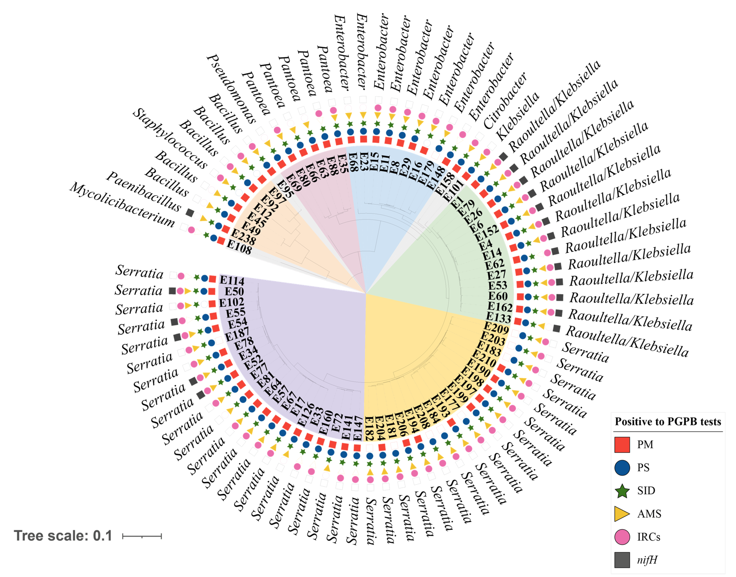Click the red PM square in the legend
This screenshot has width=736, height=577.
click(622, 445)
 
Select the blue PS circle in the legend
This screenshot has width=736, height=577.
click(622, 468)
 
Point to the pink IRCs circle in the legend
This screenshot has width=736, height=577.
click(622, 537)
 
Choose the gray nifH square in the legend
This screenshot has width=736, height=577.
click(622, 560)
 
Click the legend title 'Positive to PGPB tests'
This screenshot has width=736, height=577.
click(668, 422)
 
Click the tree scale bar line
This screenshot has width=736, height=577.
click(142, 536)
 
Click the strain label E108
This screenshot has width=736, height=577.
click(239, 247)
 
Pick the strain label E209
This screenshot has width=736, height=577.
click(496, 328)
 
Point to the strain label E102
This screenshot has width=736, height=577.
click(232, 302)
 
